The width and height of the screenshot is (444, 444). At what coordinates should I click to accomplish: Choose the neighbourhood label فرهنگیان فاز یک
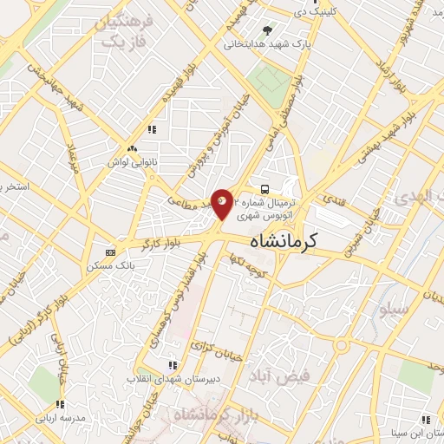(x=121, y=29)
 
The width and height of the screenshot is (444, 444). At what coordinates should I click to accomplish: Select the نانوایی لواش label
(x=130, y=161)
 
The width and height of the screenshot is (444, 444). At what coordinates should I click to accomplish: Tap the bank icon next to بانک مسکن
(x=109, y=252)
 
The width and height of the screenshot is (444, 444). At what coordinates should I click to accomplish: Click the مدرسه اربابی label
(x=56, y=417)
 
